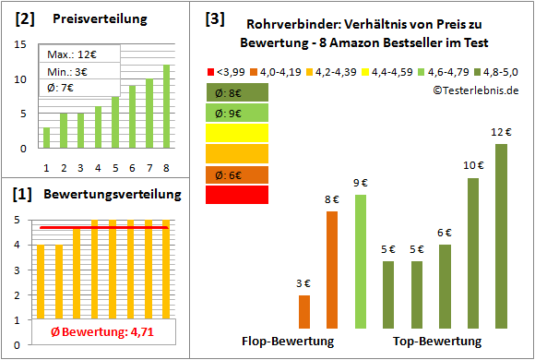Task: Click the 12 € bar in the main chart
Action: [x=501, y=236]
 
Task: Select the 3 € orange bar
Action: [x=304, y=312]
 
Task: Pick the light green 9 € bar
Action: [x=361, y=262]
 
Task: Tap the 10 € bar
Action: [x=473, y=253]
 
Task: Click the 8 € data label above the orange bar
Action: [x=332, y=198]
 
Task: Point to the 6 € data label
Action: [x=445, y=233]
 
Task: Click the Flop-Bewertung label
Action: [x=287, y=341]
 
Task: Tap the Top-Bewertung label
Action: [x=437, y=341]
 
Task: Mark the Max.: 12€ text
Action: [x=67, y=54]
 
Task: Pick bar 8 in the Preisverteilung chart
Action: [x=167, y=106]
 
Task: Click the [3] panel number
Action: [x=214, y=18]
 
